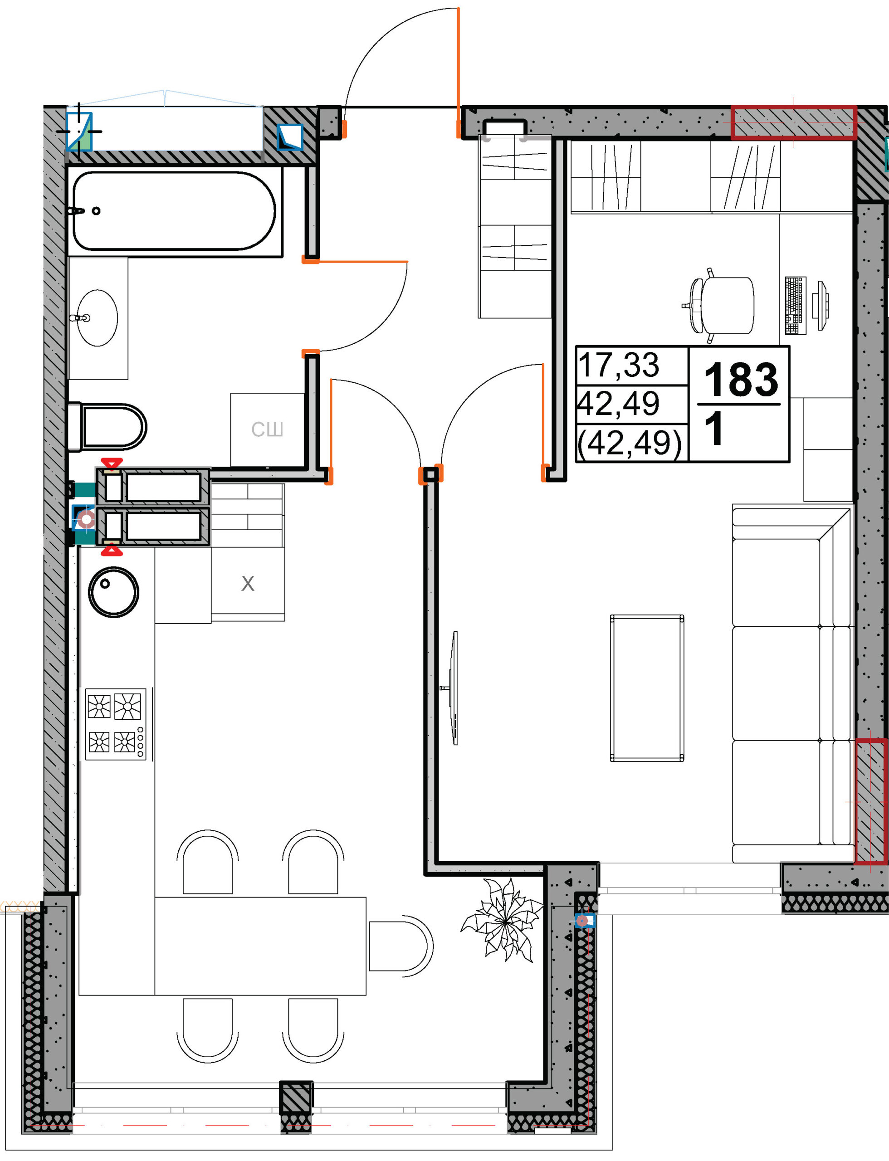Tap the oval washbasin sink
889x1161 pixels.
click(97, 318)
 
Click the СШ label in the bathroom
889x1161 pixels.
click(267, 429)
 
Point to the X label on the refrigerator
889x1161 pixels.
click(248, 584)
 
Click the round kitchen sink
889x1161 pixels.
click(113, 592)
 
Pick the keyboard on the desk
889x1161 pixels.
click(796, 305)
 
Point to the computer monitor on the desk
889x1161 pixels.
click(822, 306)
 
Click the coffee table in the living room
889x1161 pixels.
click(647, 688)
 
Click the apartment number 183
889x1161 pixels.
click(741, 380)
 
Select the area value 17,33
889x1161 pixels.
click(619, 365)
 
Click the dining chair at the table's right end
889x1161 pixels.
click(401, 945)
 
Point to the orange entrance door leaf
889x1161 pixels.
click(458, 73)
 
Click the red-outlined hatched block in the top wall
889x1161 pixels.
click(794, 122)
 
